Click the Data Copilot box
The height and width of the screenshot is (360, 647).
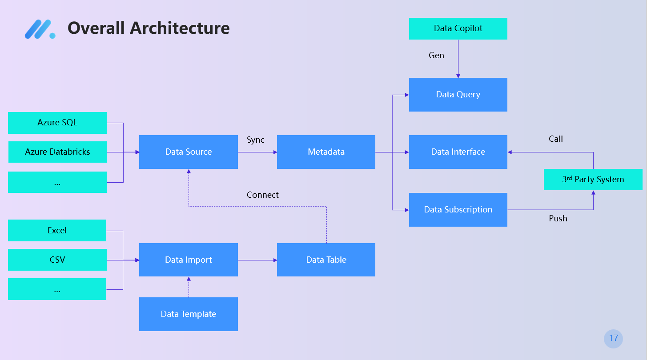coord(458,28)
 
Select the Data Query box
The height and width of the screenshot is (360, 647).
coord(458,94)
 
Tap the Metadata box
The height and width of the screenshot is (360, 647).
coord(326,152)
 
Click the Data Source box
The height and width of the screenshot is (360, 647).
coord(189,152)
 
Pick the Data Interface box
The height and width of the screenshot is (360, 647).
coord(458,152)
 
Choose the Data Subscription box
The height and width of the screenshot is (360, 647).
coord(458,210)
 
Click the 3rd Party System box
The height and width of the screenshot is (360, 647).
coord(593,180)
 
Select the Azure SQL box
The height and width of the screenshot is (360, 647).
coord(57,123)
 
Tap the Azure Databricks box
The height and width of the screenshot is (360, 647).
coord(57,152)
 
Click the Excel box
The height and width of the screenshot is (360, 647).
coord(57,230)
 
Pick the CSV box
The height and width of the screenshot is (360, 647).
coord(57,260)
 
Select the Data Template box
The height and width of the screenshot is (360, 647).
coord(189,314)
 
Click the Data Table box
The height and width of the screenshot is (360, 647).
coord(326,260)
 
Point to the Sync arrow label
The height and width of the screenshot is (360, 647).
coord(255,140)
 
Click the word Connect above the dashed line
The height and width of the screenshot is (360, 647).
coord(262,195)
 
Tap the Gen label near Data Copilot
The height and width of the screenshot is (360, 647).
coord(436,55)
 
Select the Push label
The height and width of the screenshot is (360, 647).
coord(558,218)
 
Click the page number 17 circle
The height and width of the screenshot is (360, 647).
coord(613,339)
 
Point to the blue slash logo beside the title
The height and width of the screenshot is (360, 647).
coord(40,29)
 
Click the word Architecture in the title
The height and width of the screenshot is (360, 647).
coord(180,28)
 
